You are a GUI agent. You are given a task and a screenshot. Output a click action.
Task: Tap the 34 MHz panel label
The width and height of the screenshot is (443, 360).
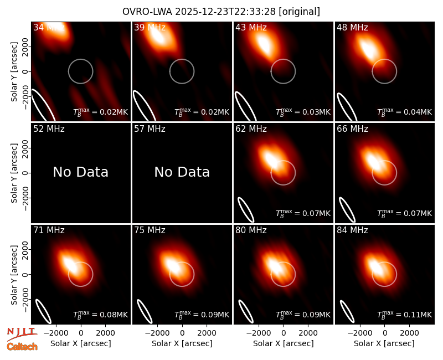click(x=49, y=27)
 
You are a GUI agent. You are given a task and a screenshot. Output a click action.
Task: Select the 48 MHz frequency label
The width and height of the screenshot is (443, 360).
click(x=352, y=27)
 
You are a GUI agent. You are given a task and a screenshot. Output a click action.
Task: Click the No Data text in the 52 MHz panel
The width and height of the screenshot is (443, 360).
click(x=81, y=172)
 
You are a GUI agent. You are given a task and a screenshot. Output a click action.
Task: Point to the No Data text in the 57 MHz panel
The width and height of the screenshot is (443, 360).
click(x=182, y=172)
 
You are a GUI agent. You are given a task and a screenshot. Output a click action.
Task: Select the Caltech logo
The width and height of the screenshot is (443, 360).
click(x=22, y=347)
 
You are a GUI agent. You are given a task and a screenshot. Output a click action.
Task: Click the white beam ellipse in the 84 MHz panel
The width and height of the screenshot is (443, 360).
click(x=347, y=311)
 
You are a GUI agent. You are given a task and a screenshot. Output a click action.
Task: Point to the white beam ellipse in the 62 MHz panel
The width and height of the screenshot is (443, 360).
click(x=246, y=209)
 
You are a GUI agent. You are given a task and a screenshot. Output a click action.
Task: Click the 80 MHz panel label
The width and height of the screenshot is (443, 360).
click(x=251, y=230)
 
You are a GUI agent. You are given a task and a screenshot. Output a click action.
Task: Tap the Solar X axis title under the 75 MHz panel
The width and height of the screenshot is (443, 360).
click(x=182, y=343)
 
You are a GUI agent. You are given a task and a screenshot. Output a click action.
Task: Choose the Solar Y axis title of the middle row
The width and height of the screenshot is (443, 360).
click(x=14, y=173)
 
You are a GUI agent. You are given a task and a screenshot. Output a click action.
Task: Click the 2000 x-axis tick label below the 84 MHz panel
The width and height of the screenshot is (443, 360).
click(x=409, y=333)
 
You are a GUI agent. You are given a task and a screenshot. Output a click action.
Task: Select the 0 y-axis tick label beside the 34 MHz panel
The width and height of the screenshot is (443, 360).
click(x=25, y=71)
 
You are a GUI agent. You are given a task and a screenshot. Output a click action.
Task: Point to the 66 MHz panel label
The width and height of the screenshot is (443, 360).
click(x=352, y=129)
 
